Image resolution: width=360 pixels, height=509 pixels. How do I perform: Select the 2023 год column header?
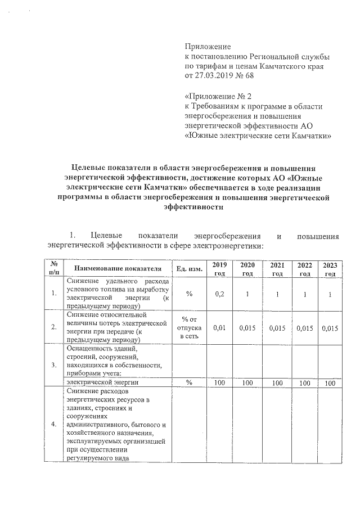point(330,268)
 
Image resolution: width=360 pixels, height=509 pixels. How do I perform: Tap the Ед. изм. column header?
point(190,268)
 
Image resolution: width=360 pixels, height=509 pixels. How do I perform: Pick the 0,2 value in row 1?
point(219,294)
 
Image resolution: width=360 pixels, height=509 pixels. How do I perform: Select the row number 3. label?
point(53,364)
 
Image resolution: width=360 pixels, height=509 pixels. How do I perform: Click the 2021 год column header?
point(277,268)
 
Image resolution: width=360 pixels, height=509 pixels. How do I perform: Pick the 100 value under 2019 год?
point(219,382)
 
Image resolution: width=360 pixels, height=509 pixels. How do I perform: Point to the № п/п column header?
point(55,268)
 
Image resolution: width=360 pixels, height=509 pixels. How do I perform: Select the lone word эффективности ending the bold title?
point(192,206)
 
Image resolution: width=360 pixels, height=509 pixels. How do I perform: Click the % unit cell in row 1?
point(190,294)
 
